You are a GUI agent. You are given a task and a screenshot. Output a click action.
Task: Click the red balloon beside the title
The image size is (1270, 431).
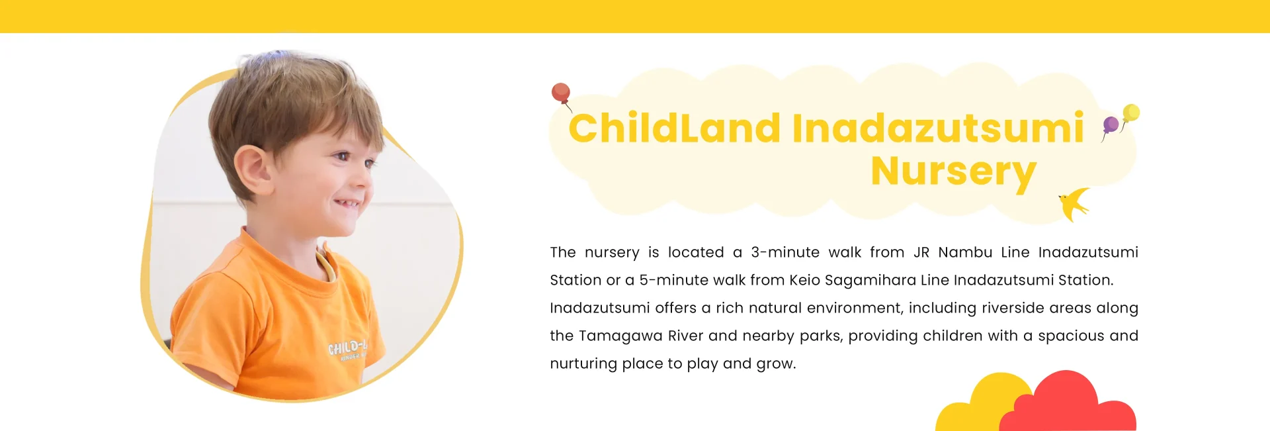561,92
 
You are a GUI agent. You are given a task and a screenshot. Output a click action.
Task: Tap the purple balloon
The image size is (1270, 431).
1111,124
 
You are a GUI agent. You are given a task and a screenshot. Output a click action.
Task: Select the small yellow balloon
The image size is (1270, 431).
1131,112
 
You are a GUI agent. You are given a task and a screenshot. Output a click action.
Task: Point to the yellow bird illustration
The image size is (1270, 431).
1074,203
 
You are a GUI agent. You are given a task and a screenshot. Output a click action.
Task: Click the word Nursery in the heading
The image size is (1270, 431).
953,171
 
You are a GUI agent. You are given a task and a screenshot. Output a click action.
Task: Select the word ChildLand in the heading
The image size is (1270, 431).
674,128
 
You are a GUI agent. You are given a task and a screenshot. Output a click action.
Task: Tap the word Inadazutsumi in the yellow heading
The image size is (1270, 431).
937,128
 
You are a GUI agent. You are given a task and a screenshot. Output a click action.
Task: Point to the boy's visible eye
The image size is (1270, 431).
342,156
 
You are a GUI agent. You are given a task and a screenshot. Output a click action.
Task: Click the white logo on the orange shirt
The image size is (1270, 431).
347,348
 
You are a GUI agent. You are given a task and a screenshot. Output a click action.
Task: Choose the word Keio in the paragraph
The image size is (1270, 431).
804,280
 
